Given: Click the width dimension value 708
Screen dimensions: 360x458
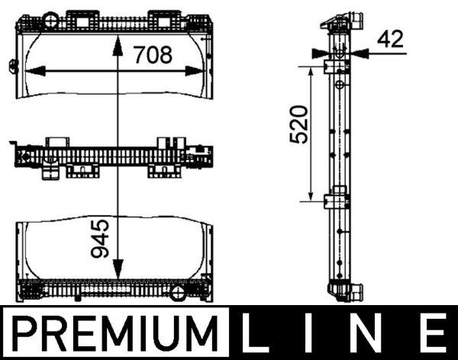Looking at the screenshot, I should point(153,55).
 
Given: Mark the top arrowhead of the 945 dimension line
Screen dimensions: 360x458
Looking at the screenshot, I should point(116,43).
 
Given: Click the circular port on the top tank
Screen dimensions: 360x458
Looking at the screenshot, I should point(51,18).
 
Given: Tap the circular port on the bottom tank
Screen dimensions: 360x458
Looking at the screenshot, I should point(178,292).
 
